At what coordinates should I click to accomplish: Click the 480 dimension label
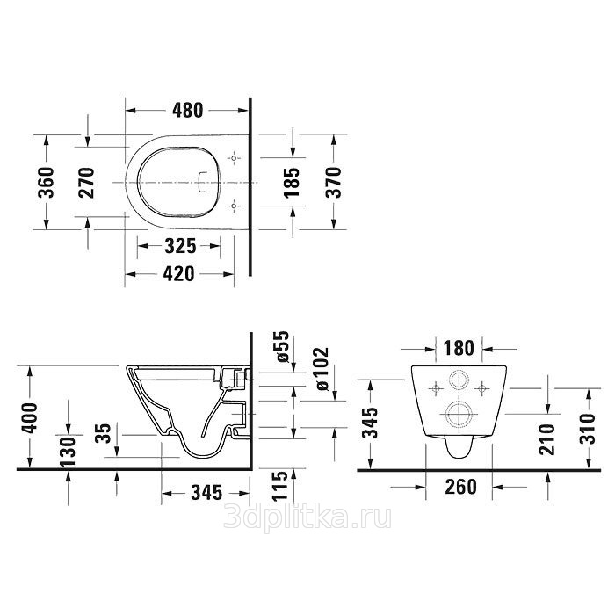coord(188,110)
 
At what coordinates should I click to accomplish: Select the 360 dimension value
coord(46,183)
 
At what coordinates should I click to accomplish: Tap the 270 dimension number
coord(87,183)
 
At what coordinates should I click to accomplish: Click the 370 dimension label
coord(333,183)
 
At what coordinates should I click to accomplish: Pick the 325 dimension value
coord(180,246)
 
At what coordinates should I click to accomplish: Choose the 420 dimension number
coord(178,274)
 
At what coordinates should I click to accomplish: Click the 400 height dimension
coord(29,417)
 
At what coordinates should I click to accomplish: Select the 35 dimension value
coord(104,432)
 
